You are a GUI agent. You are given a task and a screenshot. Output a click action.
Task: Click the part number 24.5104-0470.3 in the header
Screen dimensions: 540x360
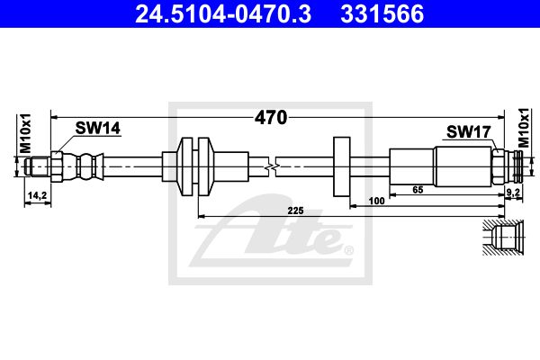pyautogui.click(x=223, y=13)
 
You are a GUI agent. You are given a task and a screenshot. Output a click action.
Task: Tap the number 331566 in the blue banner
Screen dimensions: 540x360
pyautogui.click(x=382, y=13)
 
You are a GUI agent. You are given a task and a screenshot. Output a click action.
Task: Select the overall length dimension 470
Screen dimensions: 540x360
pyautogui.click(x=271, y=118)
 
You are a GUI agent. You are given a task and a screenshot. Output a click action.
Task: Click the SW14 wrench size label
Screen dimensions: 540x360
pyautogui.click(x=98, y=128)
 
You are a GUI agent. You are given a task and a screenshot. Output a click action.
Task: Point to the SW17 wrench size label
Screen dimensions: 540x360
pyautogui.click(x=468, y=131)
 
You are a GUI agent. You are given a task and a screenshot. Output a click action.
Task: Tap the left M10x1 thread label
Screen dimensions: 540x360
pyautogui.click(x=25, y=133)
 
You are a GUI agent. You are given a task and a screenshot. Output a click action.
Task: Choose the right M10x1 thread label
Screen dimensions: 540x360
pyautogui.click(x=524, y=128)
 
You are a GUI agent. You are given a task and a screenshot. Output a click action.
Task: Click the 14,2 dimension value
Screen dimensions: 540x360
pyautogui.click(x=37, y=195)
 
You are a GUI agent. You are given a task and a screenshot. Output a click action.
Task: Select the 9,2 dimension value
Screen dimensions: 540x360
pyautogui.click(x=514, y=193)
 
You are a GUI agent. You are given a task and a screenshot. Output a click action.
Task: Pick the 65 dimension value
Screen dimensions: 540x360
pyautogui.click(x=418, y=190)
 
